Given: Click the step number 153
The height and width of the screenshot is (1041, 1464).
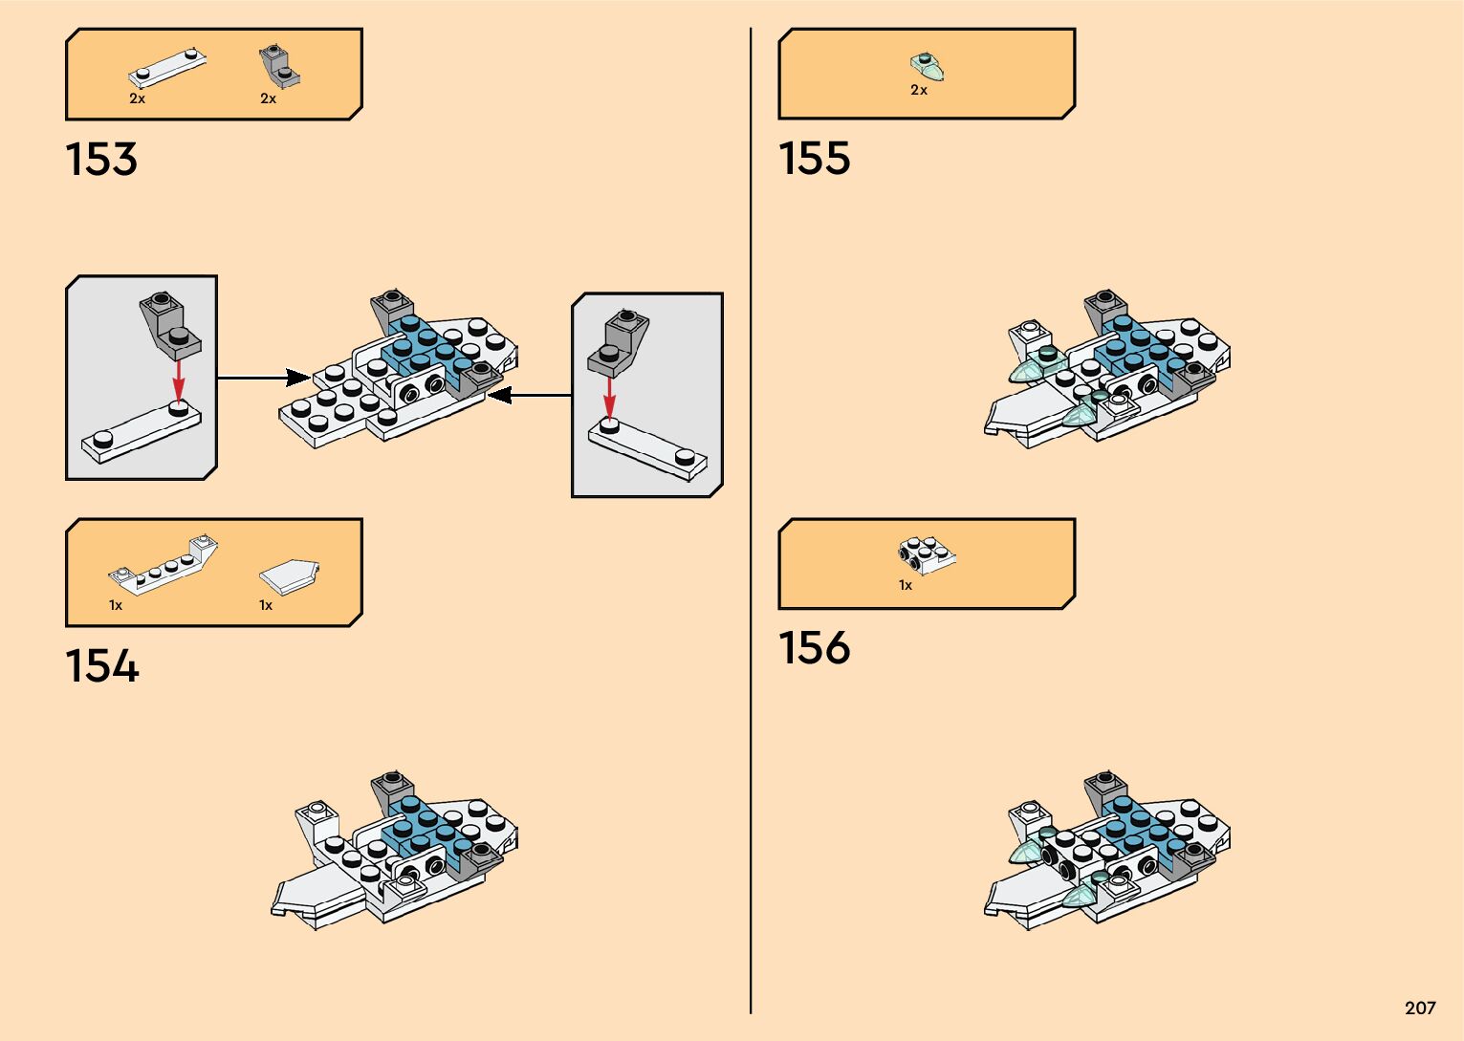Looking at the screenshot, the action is (101, 160).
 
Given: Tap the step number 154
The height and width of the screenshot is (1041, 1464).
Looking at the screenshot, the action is (101, 666).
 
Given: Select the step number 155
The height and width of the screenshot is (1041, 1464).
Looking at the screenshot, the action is (814, 159).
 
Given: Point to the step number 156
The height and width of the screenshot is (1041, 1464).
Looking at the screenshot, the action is (814, 647).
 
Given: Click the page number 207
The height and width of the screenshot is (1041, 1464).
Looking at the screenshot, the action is (1420, 1008).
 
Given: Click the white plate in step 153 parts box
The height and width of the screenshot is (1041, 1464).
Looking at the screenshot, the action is (168, 69).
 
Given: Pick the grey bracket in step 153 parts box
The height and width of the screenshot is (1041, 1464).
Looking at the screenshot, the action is (278, 66).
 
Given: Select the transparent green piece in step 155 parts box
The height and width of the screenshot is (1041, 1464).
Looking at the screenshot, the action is (927, 66).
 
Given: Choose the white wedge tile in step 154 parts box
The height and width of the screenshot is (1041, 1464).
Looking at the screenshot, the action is (289, 575).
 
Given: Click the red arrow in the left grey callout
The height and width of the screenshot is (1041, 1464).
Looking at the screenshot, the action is (178, 380).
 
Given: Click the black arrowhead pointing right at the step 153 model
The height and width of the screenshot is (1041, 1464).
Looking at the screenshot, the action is (297, 378).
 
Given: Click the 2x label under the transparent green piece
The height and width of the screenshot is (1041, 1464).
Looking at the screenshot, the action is (918, 90).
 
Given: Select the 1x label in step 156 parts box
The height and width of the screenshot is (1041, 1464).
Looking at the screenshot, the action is (905, 585).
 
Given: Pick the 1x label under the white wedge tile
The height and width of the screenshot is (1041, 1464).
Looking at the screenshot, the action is (266, 605).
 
